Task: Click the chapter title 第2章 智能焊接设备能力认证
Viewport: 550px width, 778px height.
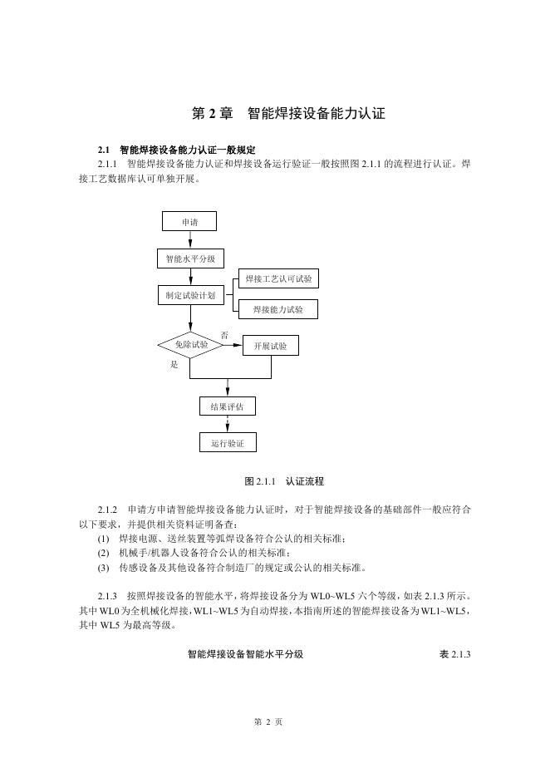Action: click(x=287, y=113)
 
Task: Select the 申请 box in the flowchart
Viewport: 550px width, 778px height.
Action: click(x=190, y=221)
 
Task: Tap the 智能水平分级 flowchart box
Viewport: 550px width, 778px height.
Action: click(x=190, y=259)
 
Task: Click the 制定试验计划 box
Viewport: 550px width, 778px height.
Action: click(x=190, y=295)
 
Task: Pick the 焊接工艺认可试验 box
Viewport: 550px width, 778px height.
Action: click(x=279, y=278)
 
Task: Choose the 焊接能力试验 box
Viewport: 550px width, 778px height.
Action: click(x=279, y=309)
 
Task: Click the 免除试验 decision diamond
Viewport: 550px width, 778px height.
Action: click(x=190, y=344)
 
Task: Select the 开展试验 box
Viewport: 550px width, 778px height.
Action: click(x=270, y=346)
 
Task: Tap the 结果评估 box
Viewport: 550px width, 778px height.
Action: click(x=228, y=406)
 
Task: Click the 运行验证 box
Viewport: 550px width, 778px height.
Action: click(x=228, y=443)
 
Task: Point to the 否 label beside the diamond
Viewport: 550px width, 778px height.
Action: click(x=224, y=335)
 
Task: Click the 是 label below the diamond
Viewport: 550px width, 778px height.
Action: click(x=174, y=365)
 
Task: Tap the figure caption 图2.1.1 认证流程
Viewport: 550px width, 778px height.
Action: click(x=284, y=481)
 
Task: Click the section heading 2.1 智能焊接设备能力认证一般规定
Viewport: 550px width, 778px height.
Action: click(x=176, y=150)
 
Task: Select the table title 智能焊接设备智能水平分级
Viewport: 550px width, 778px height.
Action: click(x=245, y=654)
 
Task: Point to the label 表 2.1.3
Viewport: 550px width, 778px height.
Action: click(x=454, y=654)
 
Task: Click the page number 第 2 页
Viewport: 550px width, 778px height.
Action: click(x=268, y=721)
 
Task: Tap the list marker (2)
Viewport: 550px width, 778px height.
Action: click(x=104, y=553)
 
